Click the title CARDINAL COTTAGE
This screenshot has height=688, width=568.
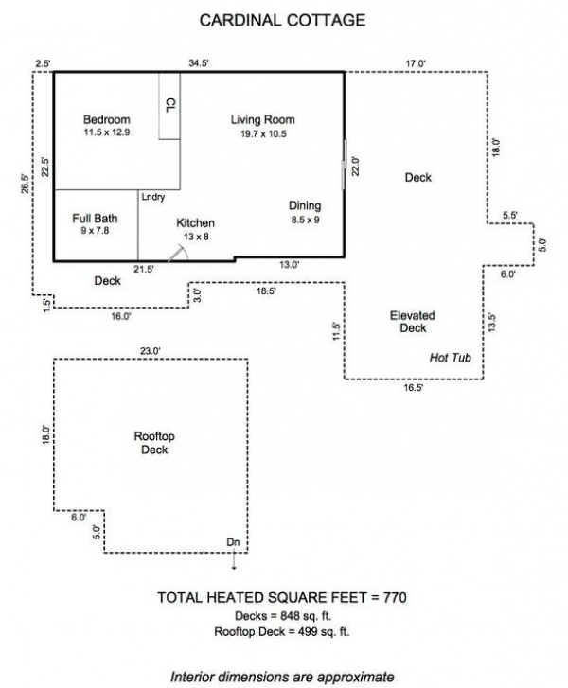point(284,18)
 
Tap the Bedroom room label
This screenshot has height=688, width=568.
point(106,120)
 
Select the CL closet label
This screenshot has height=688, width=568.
point(170,104)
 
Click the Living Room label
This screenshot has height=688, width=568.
point(263,120)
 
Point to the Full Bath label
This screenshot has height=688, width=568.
point(95,218)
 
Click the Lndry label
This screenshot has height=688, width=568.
point(153,197)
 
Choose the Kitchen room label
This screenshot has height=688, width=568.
point(196,223)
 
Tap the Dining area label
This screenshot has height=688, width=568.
point(305,206)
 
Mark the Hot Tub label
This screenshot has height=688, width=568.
point(451,358)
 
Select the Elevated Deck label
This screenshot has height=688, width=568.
point(413,322)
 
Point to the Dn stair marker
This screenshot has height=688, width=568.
point(233,542)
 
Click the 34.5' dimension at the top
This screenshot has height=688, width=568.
point(198,63)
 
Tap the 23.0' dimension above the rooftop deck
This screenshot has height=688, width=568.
point(151,352)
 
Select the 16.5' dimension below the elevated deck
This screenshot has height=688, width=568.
point(414,387)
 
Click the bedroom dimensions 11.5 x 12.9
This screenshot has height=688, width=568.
point(106,133)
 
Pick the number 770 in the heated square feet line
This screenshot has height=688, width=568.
point(396,598)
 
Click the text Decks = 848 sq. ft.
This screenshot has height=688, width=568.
point(284,616)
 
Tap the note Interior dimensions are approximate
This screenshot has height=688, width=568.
point(284,678)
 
